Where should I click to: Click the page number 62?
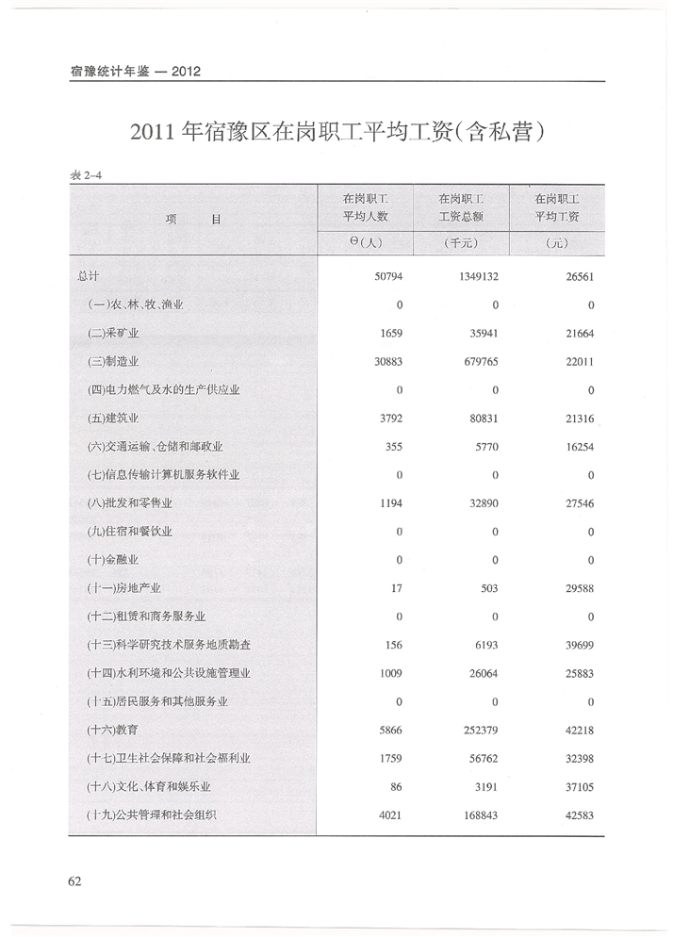(x=75, y=880)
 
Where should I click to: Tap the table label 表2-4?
(x=87, y=175)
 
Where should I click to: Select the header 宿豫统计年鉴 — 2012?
(x=136, y=73)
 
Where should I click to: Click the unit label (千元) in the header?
(x=462, y=243)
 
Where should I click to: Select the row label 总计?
(x=88, y=277)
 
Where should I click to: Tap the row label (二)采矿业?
(x=113, y=334)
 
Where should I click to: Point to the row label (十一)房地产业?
(x=123, y=588)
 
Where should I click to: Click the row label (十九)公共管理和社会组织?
(x=151, y=814)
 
